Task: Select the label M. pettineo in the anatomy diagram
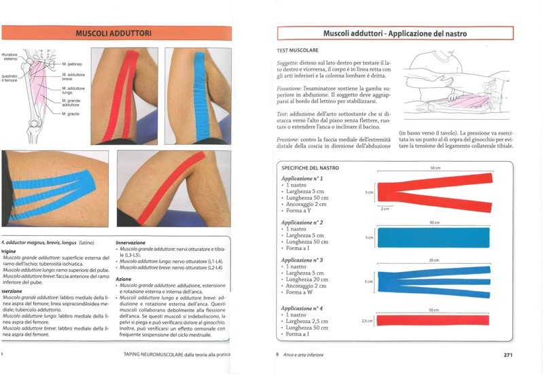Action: pos(73,62)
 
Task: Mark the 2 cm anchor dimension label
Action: pos(385,208)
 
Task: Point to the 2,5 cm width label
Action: pos(367,320)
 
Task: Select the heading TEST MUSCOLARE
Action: pos(298,50)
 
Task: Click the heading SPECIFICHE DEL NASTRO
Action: pos(310,168)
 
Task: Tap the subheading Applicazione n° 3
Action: pos(302,260)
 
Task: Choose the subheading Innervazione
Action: pos(130,242)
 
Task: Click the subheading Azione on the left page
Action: pos(124,279)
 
